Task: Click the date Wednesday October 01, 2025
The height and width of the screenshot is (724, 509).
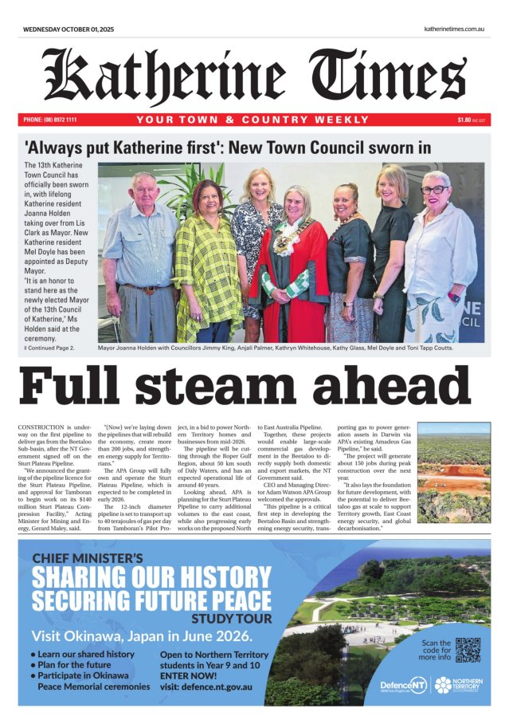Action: [69, 29]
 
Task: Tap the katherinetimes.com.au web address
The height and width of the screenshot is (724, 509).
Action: [455, 29]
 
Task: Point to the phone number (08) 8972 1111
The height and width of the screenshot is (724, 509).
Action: [50, 120]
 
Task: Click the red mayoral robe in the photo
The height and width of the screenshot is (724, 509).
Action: [290, 279]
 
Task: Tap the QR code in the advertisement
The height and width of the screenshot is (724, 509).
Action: [468, 651]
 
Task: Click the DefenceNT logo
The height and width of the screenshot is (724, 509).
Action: [405, 685]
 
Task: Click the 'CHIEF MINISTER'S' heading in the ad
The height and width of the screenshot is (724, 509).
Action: [87, 557]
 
